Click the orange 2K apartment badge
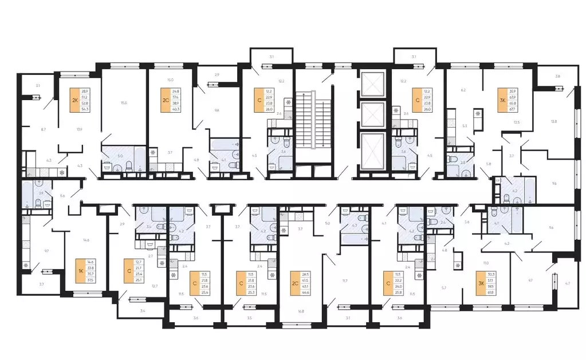[x=74, y=101]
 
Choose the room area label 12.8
[x=554, y=121]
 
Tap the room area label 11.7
[x=345, y=280]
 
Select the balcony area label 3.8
[x=557, y=76]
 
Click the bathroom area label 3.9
[x=41, y=193]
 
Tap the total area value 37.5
[x=91, y=280]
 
